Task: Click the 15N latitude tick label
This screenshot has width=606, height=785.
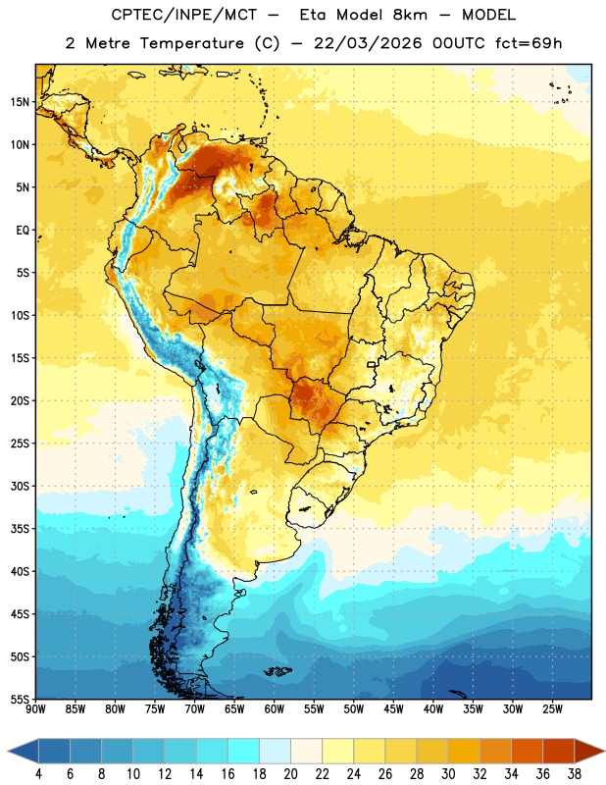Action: [20, 102]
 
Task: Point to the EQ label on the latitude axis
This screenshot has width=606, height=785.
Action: [23, 231]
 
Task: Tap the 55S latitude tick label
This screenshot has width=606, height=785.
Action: [20, 699]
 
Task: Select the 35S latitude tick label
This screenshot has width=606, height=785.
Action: [20, 529]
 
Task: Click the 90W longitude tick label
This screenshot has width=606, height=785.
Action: [35, 709]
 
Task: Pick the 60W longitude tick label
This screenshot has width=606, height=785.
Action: [275, 709]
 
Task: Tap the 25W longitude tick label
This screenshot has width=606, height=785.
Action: [552, 709]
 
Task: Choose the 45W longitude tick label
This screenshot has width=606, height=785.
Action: [393, 709]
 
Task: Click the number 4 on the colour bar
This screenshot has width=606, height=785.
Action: [38, 774]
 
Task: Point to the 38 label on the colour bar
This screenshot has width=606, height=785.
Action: [575, 774]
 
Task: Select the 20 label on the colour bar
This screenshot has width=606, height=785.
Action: [290, 774]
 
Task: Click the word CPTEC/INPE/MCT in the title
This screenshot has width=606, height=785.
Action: [184, 15]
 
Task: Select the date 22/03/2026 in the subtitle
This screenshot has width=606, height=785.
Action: [368, 43]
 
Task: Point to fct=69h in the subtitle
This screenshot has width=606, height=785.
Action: [529, 43]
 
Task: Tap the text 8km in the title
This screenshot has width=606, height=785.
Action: [410, 15]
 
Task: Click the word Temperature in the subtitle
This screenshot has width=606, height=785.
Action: [191, 44]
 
